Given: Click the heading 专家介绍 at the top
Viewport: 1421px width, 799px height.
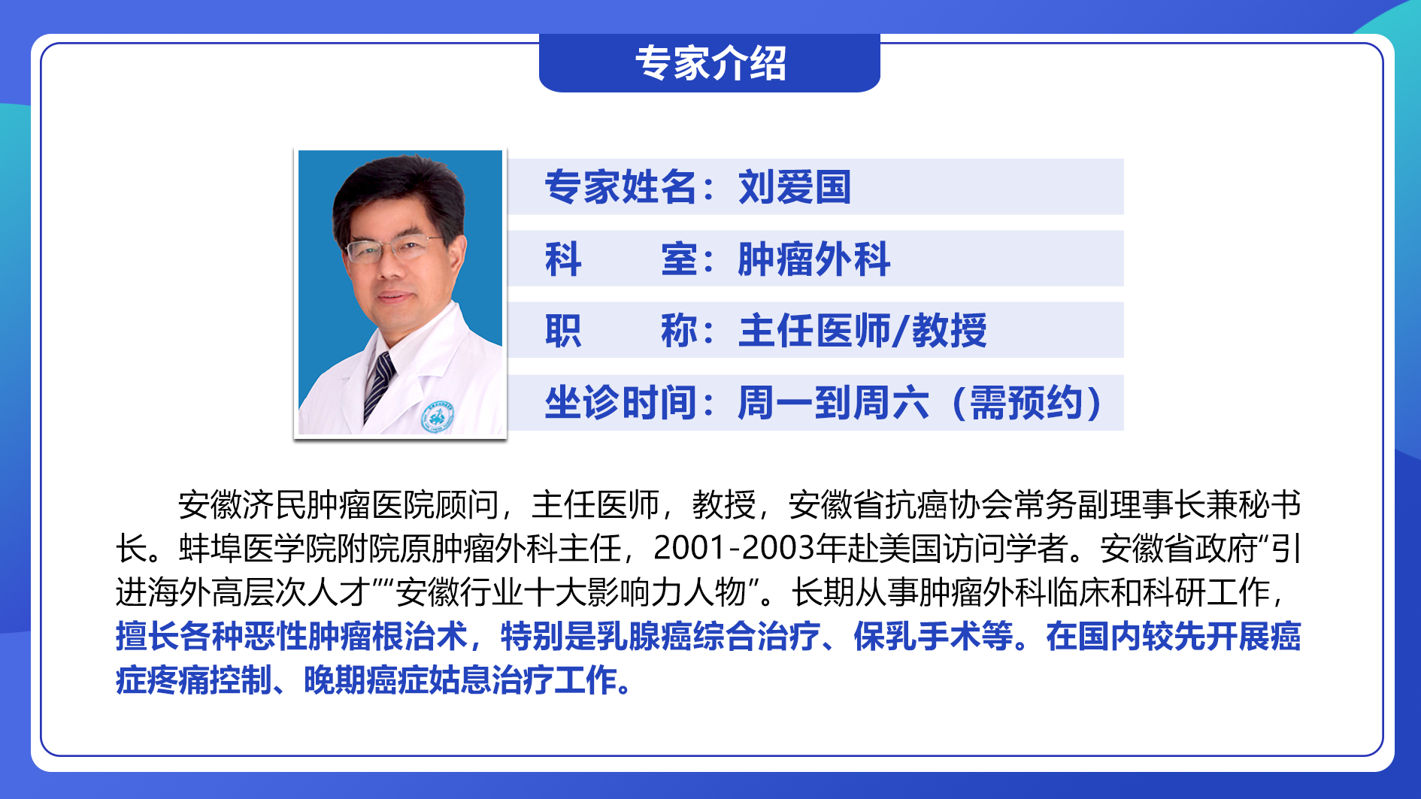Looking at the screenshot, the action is pyautogui.click(x=710, y=63).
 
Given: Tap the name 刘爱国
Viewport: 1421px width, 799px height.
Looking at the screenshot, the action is pyautogui.click(x=795, y=187).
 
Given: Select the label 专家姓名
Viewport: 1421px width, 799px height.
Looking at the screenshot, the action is pyautogui.click(x=620, y=187).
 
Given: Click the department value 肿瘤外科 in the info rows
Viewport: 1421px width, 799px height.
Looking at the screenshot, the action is pyautogui.click(x=814, y=259).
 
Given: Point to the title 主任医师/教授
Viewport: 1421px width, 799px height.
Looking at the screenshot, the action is pyautogui.click(x=862, y=331).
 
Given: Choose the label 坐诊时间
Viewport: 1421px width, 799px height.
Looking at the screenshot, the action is pyautogui.click(x=620, y=403).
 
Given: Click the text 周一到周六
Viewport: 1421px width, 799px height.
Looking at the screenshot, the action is pyautogui.click(x=833, y=403).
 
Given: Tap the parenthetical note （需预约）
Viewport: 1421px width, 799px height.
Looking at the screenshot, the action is pyautogui.click(x=1026, y=403).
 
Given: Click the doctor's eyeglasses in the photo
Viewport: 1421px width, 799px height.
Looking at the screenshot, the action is pyautogui.click(x=392, y=249).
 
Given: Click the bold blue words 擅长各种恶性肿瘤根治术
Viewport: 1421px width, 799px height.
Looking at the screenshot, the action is pyautogui.click(x=292, y=637).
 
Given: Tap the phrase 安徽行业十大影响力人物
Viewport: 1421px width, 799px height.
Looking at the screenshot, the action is pyautogui.click(x=571, y=593).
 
